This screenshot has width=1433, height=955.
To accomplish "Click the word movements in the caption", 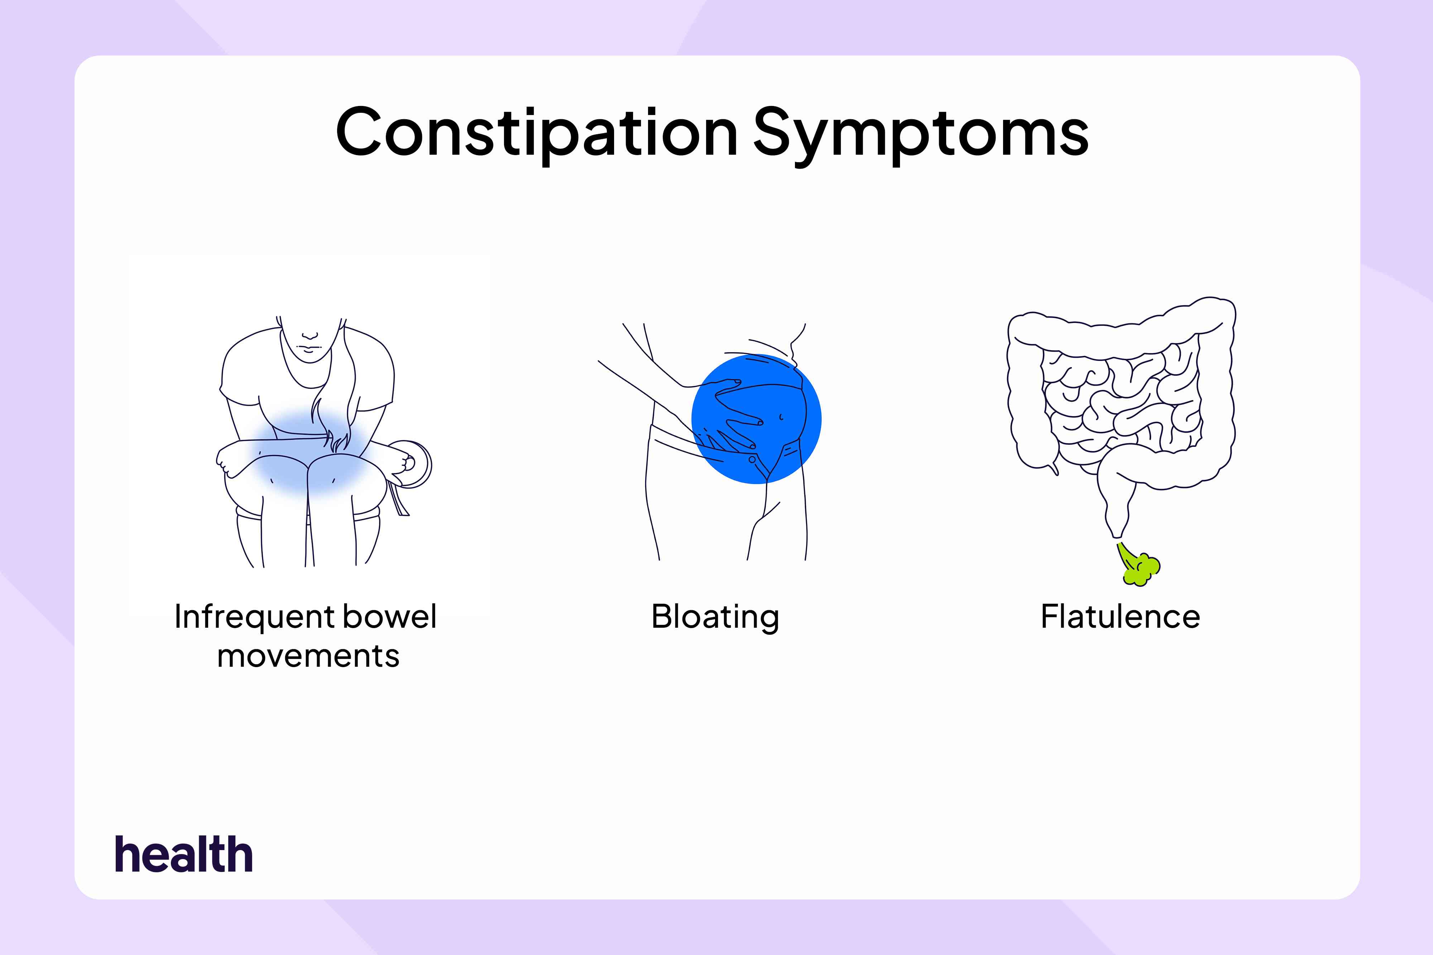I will click(x=308, y=657).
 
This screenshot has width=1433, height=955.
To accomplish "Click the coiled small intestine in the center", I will click(x=1121, y=402).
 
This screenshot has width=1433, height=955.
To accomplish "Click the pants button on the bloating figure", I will click(x=752, y=459).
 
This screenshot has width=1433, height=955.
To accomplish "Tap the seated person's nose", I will click(x=310, y=334).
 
